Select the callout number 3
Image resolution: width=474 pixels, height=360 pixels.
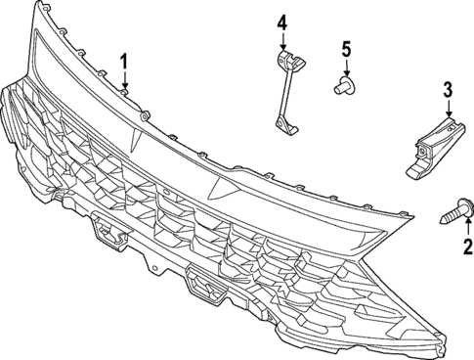coord(448,91)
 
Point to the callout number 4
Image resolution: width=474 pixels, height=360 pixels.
coord(282,22)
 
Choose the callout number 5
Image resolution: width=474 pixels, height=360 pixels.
coord(345,47)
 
